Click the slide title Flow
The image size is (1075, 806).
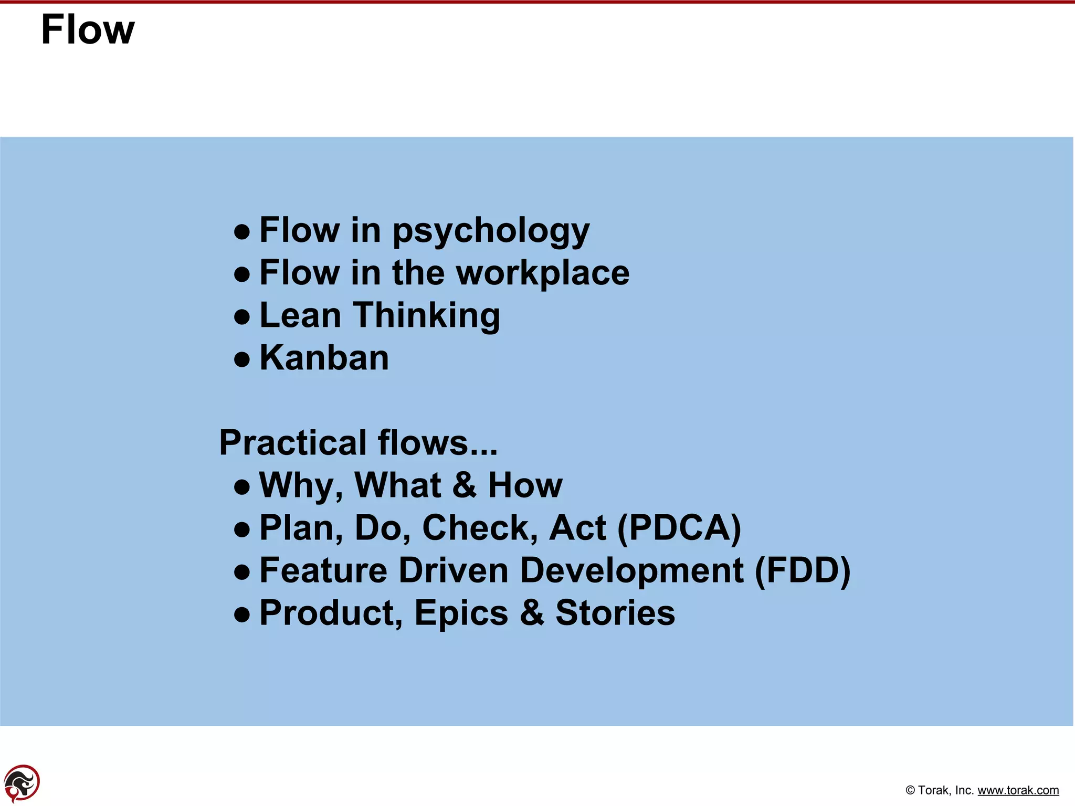(x=88, y=30)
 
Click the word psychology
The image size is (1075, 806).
(x=491, y=231)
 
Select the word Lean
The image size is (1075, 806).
(x=300, y=315)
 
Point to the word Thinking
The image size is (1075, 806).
(x=427, y=316)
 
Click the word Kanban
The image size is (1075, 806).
(x=324, y=358)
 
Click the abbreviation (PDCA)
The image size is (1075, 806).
(x=679, y=528)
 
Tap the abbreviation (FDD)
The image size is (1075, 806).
(x=802, y=570)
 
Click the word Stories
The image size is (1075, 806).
(x=615, y=613)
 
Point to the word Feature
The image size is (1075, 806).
(x=323, y=570)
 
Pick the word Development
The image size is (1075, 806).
(x=631, y=571)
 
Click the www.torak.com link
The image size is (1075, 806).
(x=1018, y=790)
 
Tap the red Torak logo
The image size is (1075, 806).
(x=22, y=783)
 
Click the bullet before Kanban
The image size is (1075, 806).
(x=241, y=360)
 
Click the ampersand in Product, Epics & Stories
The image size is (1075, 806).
(x=532, y=613)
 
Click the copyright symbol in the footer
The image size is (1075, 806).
(x=910, y=790)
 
